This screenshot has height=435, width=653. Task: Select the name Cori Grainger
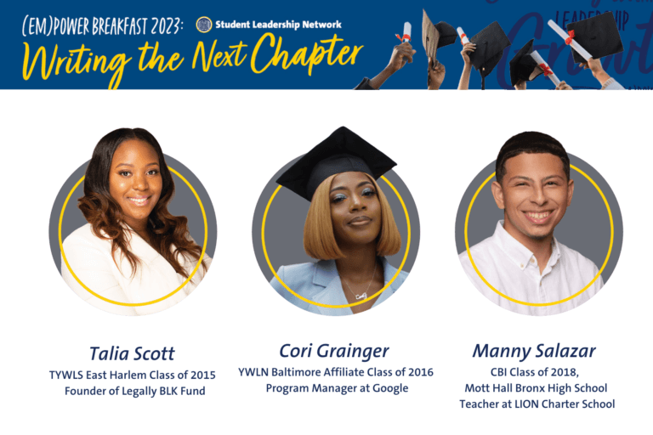tap(334, 351)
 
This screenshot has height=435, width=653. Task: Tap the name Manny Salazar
tap(534, 351)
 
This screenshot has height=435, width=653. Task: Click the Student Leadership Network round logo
tap(203, 25)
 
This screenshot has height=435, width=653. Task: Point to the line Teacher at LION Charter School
tap(537, 404)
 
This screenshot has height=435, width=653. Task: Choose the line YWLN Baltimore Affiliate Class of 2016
tap(335, 372)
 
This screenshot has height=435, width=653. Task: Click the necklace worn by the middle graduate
tap(360, 293)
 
